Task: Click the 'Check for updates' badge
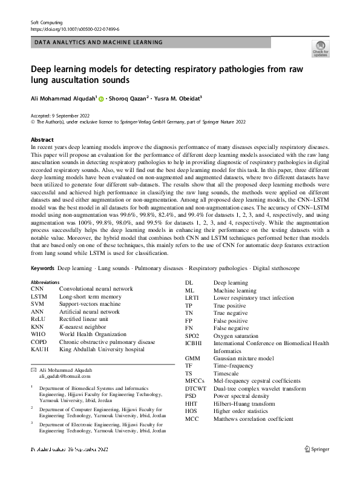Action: point(320,48)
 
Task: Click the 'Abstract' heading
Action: point(42,139)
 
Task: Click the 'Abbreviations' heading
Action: point(45,282)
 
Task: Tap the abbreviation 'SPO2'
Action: point(192,334)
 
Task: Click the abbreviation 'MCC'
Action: point(192,418)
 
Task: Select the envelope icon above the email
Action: point(33,369)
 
